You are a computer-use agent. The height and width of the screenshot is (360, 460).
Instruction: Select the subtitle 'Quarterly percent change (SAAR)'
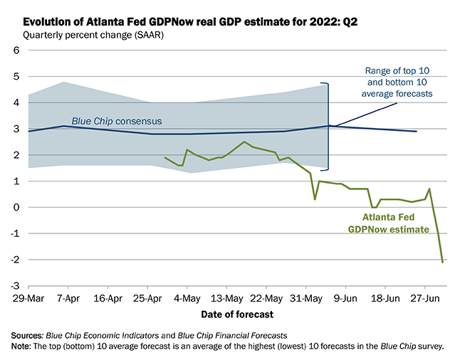(x=92, y=34)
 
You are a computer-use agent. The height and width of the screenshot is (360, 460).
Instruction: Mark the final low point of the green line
(x=443, y=262)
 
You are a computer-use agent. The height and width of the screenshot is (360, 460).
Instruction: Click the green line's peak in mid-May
(x=245, y=142)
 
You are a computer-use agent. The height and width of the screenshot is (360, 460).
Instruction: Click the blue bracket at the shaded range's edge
(x=328, y=126)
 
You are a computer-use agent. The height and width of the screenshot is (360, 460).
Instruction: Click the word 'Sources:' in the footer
(x=28, y=334)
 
